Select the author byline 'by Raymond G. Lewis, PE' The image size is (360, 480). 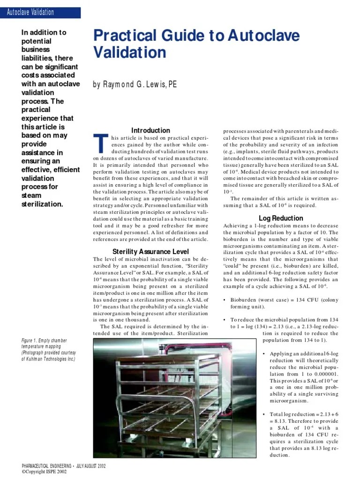[x=135, y=85]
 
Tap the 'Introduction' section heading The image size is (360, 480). [x=150, y=130]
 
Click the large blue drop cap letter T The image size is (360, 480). [x=99, y=143]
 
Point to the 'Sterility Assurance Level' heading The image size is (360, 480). [x=150, y=251]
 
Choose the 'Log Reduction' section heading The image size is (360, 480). [x=281, y=218]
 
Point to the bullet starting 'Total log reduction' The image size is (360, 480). [x=300, y=414]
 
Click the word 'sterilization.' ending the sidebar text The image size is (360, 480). [x=41, y=204]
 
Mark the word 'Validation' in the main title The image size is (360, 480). [x=130, y=53]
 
